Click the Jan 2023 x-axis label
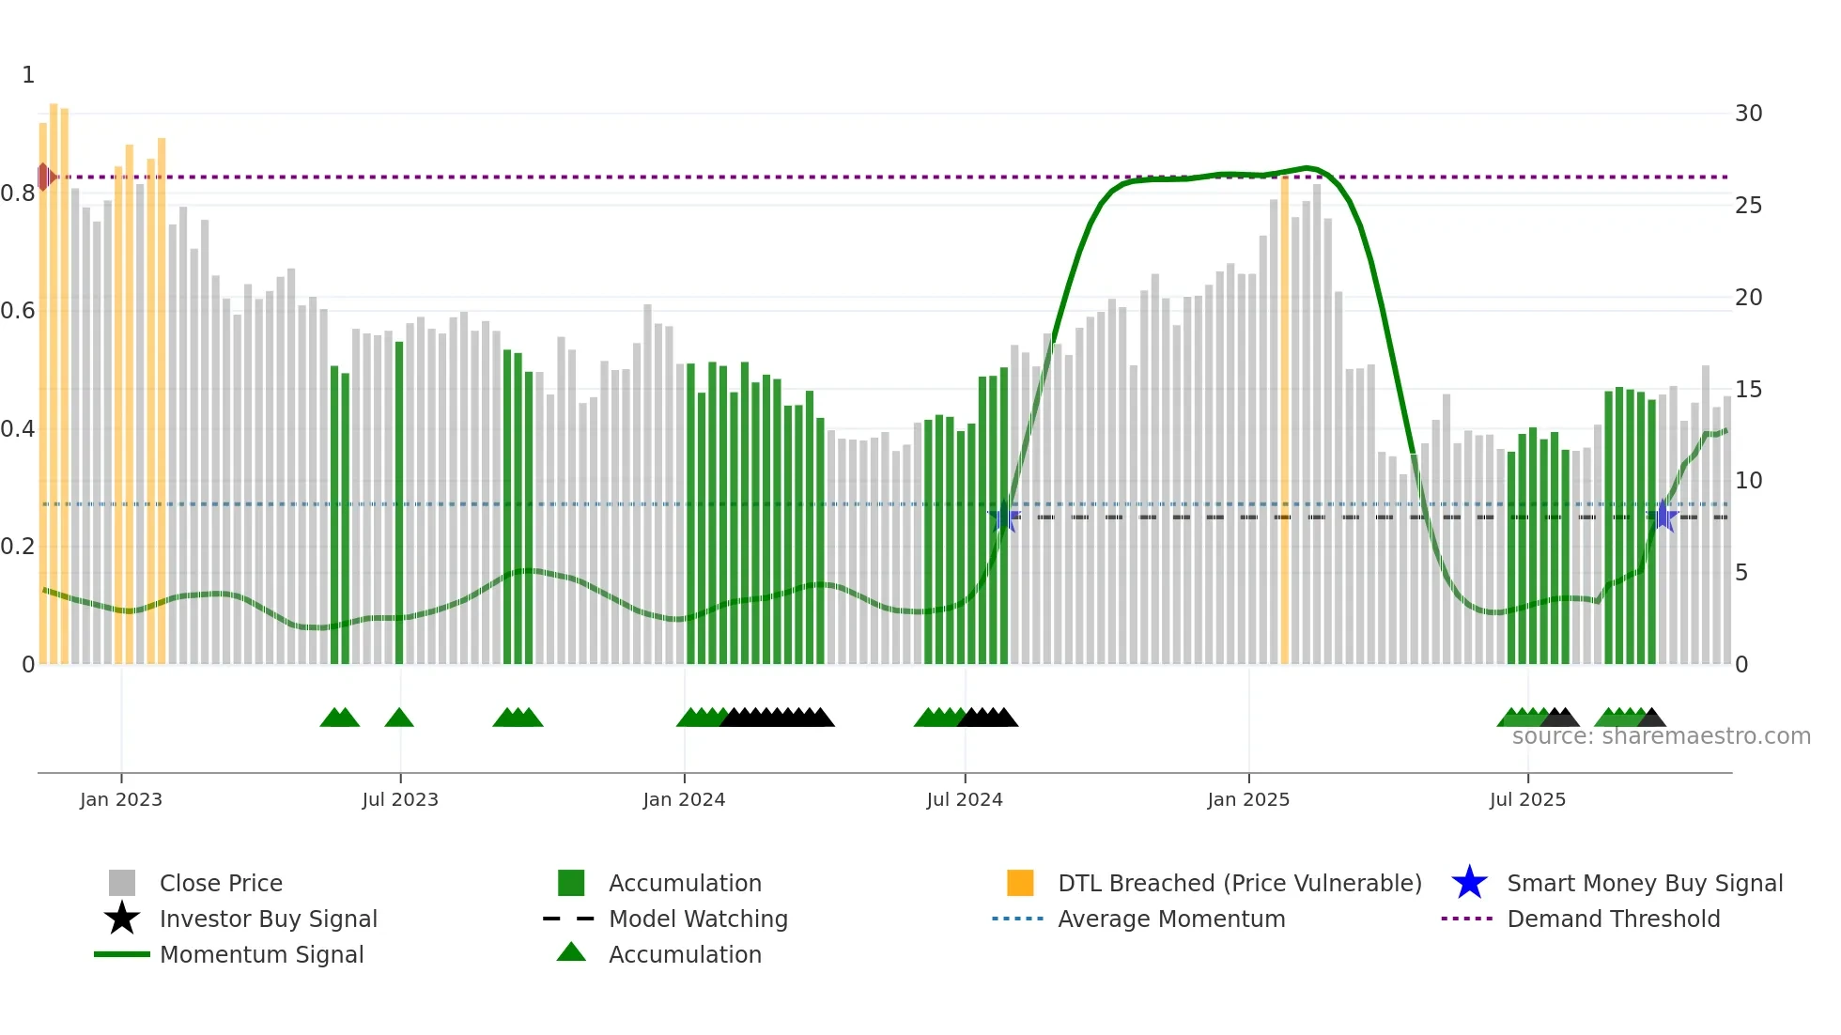(121, 799)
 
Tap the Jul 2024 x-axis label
(965, 799)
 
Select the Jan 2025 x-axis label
(1248, 799)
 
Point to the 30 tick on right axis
(1748, 114)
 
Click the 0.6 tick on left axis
(18, 311)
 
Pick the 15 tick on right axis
(1748, 389)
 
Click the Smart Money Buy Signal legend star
(1469, 883)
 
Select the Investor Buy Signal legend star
(122, 919)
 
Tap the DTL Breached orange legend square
(1020, 883)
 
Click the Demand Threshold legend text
(1613, 919)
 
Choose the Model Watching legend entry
(698, 919)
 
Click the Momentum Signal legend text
(261, 954)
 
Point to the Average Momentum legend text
(1171, 919)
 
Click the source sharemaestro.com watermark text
(1661, 736)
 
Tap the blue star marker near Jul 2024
(1004, 517)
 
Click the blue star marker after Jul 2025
(1663, 516)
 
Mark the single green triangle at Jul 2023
(399, 718)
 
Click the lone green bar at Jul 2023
(399, 502)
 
